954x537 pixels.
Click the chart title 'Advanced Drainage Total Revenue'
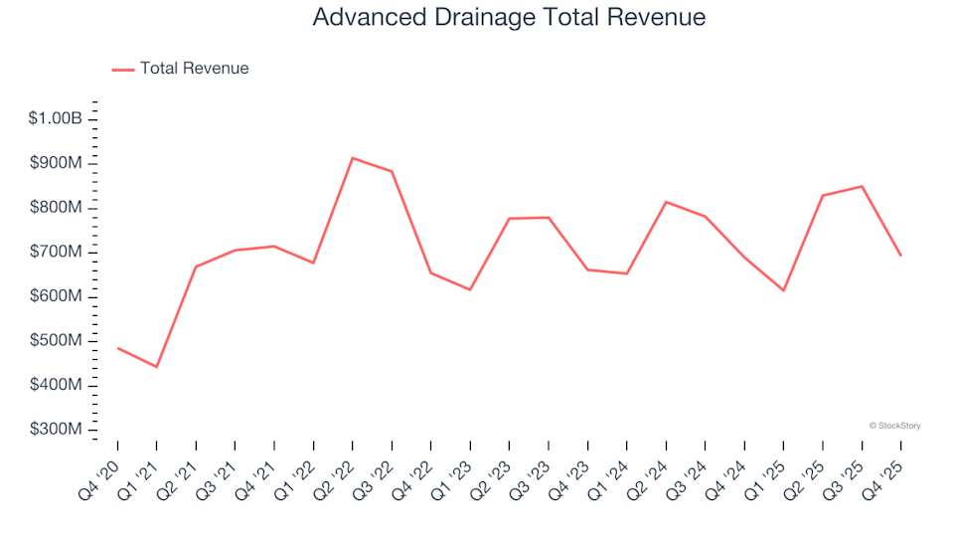[x=509, y=18]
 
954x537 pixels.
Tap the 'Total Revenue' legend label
[x=194, y=69]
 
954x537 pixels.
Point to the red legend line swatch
[x=123, y=70]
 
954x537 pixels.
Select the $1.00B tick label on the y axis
[x=56, y=118]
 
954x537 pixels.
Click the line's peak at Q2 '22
[x=353, y=158]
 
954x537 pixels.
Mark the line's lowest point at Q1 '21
[x=157, y=367]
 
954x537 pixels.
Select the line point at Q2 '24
[x=666, y=202]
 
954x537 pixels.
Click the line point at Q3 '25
[x=862, y=186]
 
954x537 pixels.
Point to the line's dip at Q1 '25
[x=783, y=290]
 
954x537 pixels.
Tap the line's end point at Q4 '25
[x=900, y=256]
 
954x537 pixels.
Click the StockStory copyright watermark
[x=894, y=426]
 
